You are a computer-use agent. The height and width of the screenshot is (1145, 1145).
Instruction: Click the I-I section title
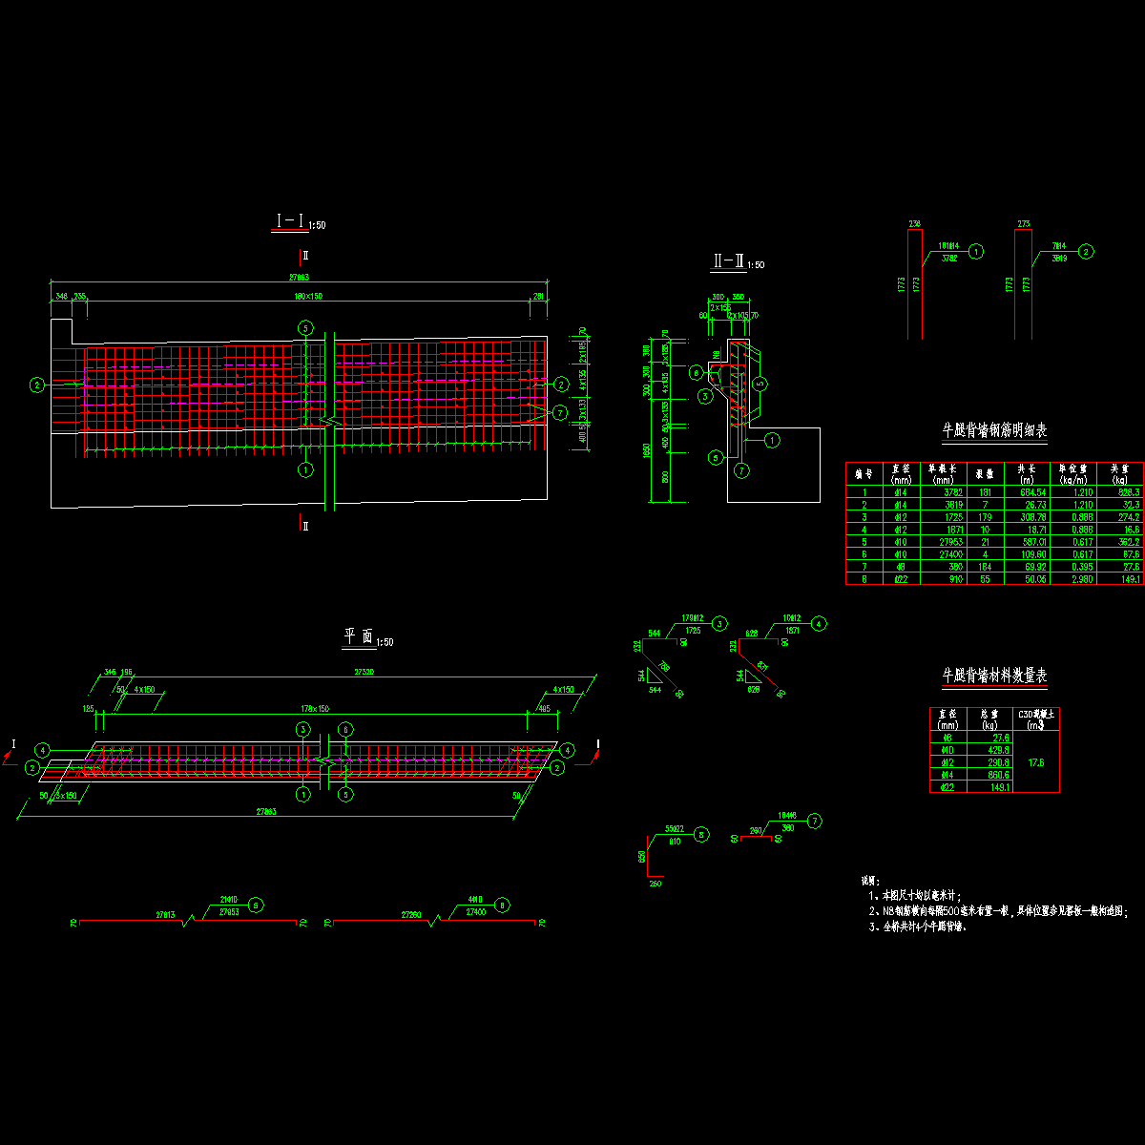[290, 221]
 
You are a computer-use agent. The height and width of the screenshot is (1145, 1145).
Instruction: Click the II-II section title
[728, 260]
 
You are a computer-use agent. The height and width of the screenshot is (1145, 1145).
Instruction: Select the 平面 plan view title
[359, 636]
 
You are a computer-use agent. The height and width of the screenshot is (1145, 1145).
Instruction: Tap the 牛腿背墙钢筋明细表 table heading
[994, 430]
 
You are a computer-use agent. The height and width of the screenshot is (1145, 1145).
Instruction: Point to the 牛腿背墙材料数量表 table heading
[994, 676]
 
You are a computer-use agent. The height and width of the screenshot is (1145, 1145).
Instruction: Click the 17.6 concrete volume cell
[1037, 762]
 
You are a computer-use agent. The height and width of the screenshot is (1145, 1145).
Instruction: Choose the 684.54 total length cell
[1026, 492]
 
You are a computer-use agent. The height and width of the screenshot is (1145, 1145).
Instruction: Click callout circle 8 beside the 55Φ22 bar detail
[701, 834]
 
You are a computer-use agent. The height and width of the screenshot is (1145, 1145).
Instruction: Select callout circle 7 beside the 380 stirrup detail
[814, 821]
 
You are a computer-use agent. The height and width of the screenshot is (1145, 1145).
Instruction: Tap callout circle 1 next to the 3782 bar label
[976, 252]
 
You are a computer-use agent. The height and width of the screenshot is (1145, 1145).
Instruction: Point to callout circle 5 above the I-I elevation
[305, 327]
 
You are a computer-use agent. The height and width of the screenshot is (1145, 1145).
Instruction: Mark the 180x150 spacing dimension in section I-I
[308, 297]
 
